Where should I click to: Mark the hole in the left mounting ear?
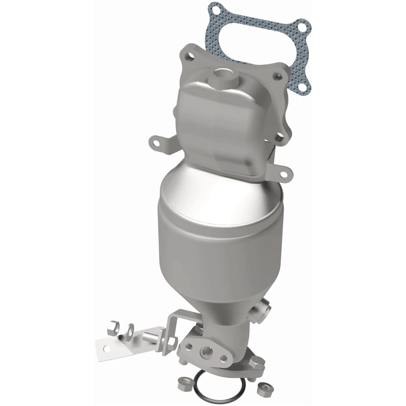[x=156, y=143]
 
